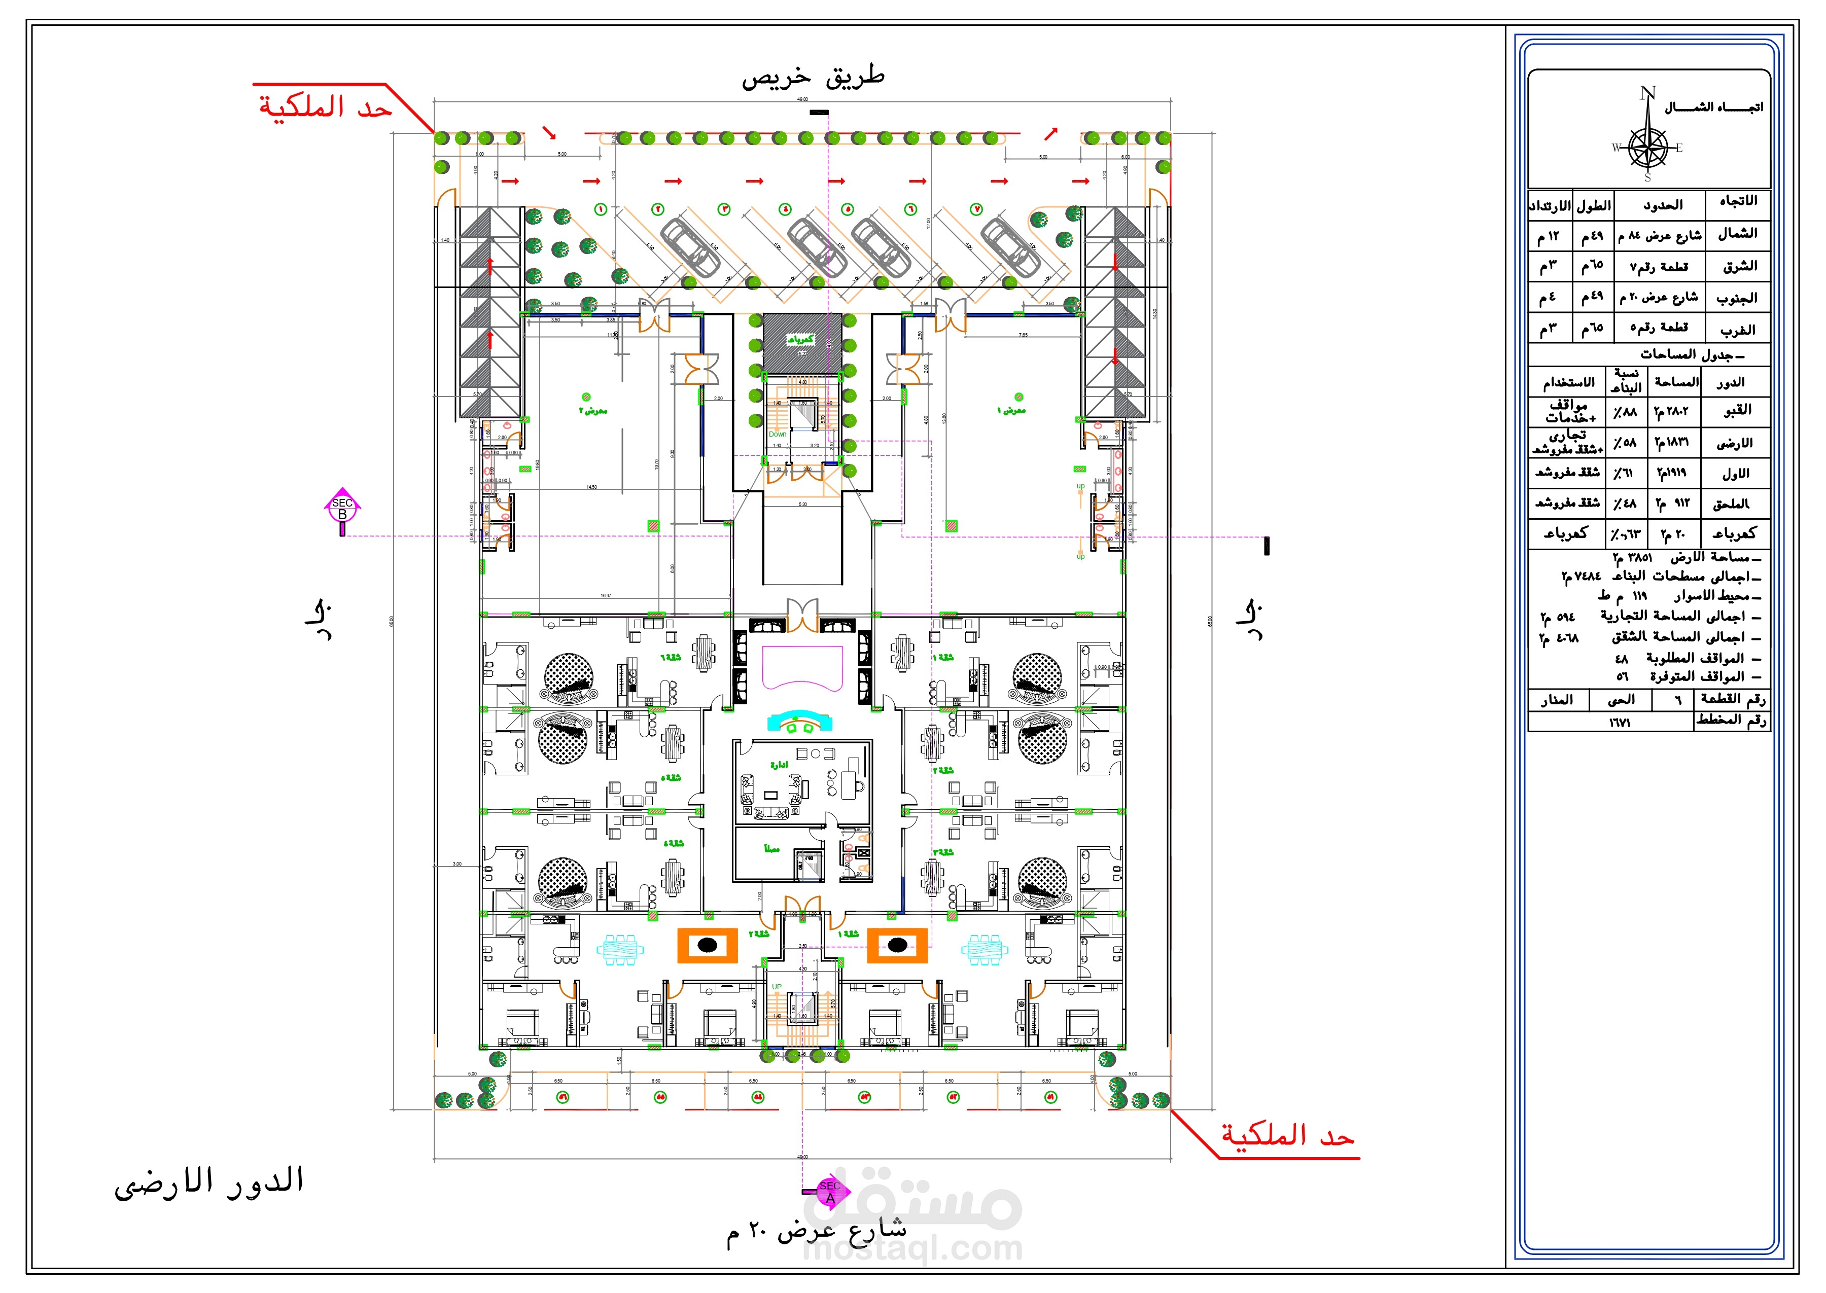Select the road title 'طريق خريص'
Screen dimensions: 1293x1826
pyautogui.click(x=812, y=77)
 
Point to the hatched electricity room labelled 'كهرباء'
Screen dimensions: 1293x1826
pyautogui.click(x=801, y=341)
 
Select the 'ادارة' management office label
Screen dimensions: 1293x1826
pyautogui.click(x=778, y=764)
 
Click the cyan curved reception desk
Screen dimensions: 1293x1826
pyautogui.click(x=799, y=722)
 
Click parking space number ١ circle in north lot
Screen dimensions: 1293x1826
pyautogui.click(x=601, y=209)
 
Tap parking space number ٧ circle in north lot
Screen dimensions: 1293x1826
pyautogui.click(x=976, y=209)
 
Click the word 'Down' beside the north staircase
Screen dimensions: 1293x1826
pyautogui.click(x=777, y=434)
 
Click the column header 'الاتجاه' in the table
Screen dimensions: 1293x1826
pyautogui.click(x=1738, y=201)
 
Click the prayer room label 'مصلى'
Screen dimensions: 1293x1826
pyautogui.click(x=771, y=849)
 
